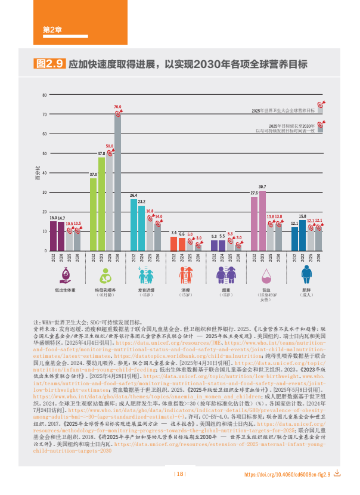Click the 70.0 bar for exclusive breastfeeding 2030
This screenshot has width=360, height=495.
click(117, 182)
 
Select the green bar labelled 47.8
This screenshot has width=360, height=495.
click(101, 204)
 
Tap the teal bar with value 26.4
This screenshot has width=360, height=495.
click(134, 225)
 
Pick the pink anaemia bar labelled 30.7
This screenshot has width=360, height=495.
click(262, 221)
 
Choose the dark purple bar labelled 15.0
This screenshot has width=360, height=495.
click(53, 236)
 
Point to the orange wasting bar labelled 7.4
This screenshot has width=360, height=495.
click(173, 243)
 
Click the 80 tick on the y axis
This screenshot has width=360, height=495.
click(44, 95)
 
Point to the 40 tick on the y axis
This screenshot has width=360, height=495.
click(44, 173)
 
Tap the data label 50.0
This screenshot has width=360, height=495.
click(110, 146)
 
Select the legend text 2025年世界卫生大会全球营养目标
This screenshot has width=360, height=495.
click(283, 111)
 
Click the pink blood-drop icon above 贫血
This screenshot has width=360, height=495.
click(266, 275)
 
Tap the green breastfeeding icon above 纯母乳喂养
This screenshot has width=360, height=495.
click(105, 275)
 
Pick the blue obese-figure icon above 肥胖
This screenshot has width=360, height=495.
click(306, 275)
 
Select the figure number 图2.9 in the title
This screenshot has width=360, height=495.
click(50, 64)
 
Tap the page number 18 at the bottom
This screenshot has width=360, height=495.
click(179, 474)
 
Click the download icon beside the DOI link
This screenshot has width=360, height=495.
click(337, 474)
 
